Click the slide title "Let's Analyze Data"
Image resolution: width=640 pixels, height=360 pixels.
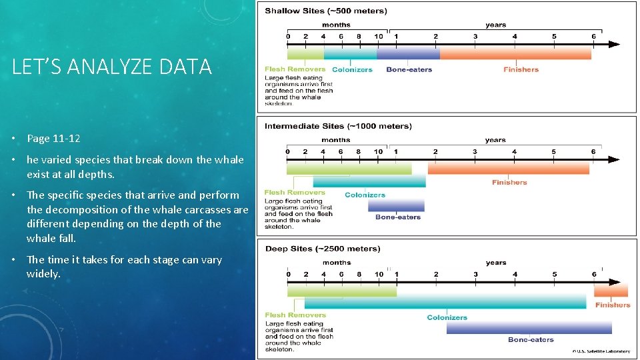click(112, 67)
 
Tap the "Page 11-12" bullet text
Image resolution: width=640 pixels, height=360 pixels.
click(53, 139)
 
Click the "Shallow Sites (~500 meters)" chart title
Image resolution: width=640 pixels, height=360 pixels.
click(325, 11)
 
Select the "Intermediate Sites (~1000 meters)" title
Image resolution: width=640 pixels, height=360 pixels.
click(338, 126)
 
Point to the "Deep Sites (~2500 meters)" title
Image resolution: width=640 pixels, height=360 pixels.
click(323, 249)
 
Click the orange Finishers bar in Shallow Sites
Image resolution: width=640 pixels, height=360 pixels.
click(515, 53)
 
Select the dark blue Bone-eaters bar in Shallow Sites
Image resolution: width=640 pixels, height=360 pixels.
click(407, 53)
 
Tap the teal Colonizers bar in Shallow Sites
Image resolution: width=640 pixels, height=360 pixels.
click(350, 53)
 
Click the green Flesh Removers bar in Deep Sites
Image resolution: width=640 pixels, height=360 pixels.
click(341, 291)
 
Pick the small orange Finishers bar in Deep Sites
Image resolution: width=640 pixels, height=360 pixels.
click(611, 291)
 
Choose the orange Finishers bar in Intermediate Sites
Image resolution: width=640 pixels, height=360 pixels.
click(508, 168)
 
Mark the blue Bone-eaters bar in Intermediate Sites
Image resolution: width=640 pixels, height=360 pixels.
click(396, 205)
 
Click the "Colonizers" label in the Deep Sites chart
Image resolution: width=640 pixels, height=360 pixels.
click(447, 317)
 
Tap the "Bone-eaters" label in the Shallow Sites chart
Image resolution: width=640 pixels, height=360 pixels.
click(409, 69)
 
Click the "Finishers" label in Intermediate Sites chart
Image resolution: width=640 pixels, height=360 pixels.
click(509, 182)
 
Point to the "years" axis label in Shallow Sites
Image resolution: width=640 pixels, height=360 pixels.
click(495, 25)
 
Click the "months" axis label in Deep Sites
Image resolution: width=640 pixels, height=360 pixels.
click(337, 263)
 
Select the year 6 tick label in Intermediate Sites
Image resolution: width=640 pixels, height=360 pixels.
click(593, 151)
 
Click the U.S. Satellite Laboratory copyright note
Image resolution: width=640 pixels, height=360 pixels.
click(602, 351)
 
